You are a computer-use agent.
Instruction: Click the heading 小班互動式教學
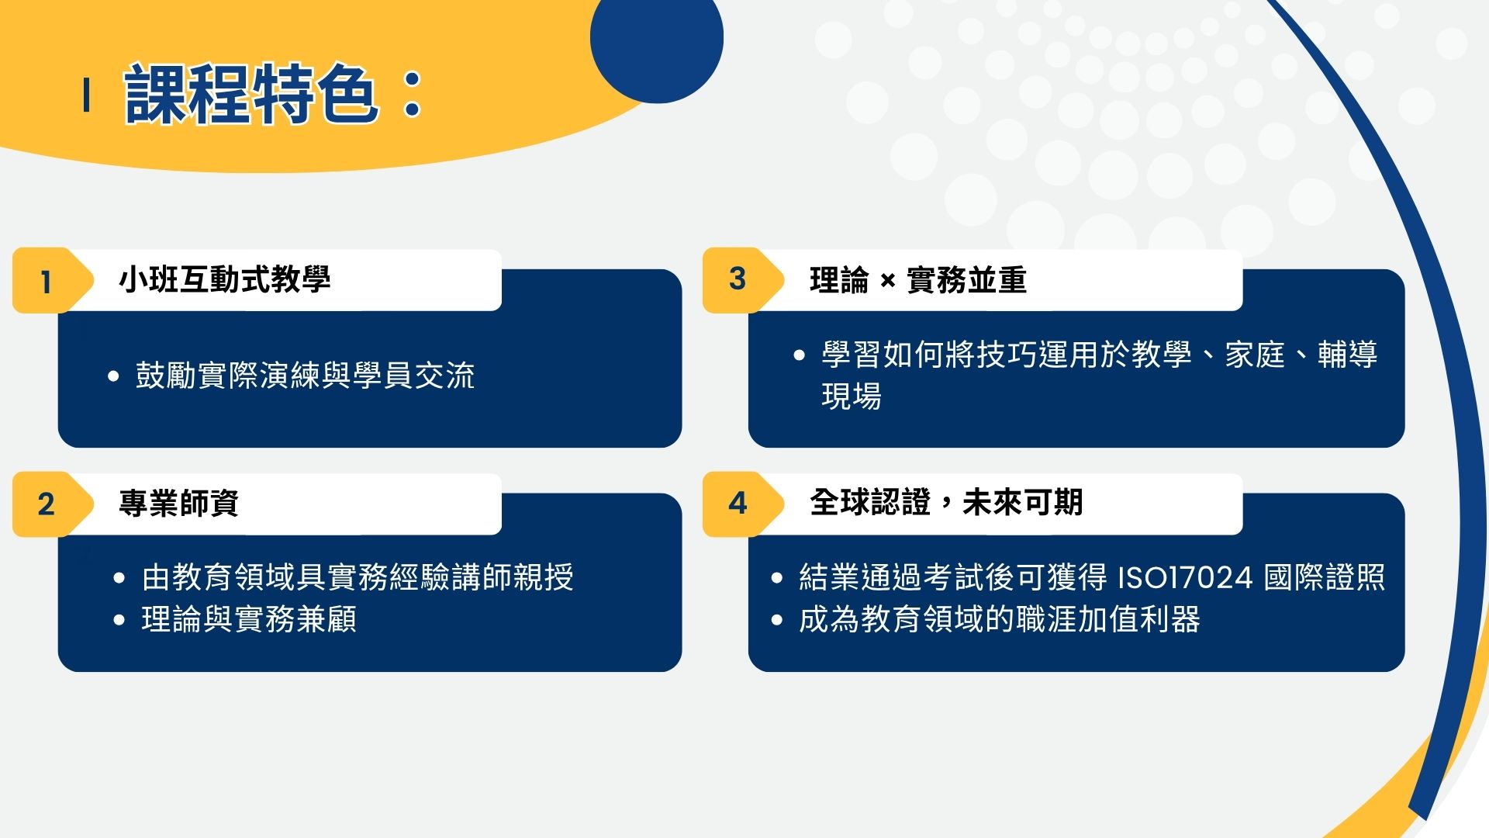[x=225, y=279]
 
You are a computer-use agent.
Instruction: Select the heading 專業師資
[x=179, y=503]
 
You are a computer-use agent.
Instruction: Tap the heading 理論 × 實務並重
[x=918, y=279]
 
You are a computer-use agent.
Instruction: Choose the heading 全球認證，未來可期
[x=946, y=503]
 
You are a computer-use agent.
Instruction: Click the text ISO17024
[x=1185, y=577]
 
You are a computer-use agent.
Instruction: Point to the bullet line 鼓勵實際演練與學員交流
[x=305, y=376]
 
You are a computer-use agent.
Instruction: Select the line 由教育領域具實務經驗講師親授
[x=358, y=577]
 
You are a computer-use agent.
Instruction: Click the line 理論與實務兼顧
[x=249, y=619]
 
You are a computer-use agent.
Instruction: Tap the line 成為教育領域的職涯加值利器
[x=1000, y=619]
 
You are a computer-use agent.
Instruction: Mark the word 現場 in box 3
[x=852, y=396]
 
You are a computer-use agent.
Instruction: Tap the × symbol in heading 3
[x=888, y=281]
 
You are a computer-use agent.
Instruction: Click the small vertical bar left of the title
[x=86, y=95]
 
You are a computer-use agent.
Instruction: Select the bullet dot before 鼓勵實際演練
[x=114, y=377]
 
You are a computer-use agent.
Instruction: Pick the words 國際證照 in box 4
[x=1325, y=577]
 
